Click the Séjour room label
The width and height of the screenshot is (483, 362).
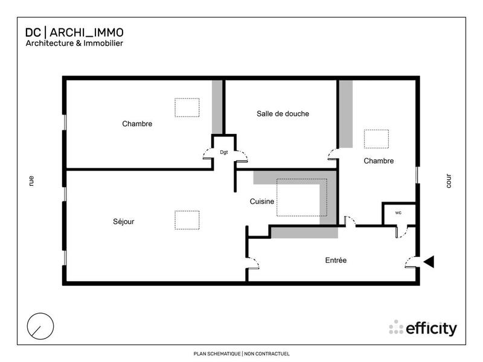[x=123, y=221]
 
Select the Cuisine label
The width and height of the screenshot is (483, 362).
[x=263, y=202]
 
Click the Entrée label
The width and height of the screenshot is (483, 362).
[x=336, y=261]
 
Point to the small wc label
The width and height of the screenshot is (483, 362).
[x=398, y=213]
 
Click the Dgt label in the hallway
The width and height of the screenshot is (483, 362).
[x=224, y=153]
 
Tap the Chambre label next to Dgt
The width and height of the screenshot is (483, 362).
[x=137, y=124]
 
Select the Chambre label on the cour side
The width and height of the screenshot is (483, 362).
[x=379, y=161]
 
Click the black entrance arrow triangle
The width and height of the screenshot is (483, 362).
[x=429, y=261]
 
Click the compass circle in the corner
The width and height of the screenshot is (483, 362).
[x=41, y=326]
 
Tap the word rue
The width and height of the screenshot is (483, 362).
[x=31, y=180]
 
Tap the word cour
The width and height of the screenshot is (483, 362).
[x=449, y=181]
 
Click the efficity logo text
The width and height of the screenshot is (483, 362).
[x=431, y=329]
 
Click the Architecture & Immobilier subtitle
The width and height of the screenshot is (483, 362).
[x=74, y=43]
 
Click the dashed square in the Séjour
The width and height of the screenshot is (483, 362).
[x=187, y=220]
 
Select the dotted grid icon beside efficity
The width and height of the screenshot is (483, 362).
[x=396, y=327]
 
